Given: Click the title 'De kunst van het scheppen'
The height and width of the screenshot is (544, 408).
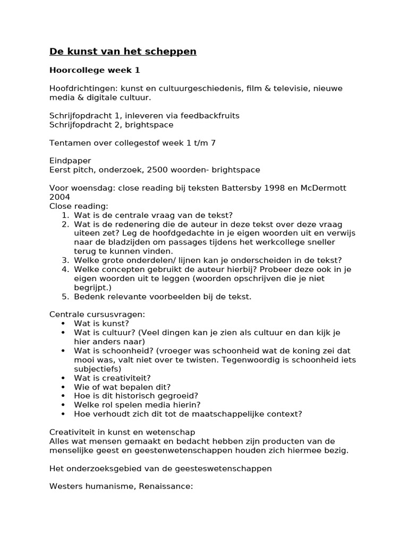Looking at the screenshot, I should coord(123,52).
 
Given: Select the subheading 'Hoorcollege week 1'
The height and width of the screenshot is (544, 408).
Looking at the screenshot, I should coord(95,70).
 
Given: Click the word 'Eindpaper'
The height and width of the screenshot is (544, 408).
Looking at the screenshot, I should coord(70,160).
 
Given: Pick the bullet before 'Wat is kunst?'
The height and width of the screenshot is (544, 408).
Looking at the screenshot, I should coord(64,324).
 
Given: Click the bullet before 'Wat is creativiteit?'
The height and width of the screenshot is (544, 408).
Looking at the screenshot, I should coord(64,378).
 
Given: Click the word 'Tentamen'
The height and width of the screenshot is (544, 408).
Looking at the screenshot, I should coord(70,142).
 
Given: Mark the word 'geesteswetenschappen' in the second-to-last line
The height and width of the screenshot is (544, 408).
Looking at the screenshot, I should coord(228,468).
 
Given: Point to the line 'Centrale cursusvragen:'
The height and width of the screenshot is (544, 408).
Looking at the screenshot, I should coord(97,314).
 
